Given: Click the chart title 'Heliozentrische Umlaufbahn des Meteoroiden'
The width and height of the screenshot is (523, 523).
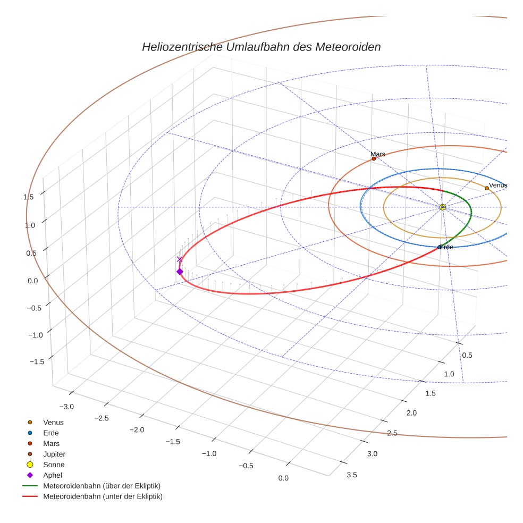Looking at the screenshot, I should [261, 47].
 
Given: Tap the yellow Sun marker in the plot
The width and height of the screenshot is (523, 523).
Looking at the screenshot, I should [443, 207].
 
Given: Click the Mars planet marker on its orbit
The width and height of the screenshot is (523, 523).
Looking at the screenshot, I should [374, 158].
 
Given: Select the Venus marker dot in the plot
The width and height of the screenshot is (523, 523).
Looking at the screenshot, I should [486, 188].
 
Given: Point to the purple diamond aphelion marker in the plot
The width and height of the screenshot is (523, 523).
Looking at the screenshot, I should [180, 272].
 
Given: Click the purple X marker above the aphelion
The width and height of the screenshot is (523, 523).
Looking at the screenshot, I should [180, 259].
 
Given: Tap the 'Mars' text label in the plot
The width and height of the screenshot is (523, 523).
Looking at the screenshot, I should [378, 154].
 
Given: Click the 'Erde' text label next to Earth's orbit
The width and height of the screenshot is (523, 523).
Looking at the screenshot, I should [446, 247].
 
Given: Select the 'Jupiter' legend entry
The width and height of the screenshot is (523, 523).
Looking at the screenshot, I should [54, 454].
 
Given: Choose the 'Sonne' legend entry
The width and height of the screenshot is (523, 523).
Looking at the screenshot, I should [54, 465].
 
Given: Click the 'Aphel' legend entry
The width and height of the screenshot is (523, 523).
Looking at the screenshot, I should [53, 475].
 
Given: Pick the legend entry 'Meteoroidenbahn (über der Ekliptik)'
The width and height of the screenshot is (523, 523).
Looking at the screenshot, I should [102, 486].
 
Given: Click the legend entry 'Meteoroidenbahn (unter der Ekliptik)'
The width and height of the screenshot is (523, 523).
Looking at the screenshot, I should [103, 496].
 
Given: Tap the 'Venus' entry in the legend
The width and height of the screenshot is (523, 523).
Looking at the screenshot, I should [53, 423].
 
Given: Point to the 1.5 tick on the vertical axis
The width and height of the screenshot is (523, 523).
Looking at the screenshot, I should [29, 197].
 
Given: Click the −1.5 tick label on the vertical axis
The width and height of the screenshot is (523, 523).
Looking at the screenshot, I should [36, 361].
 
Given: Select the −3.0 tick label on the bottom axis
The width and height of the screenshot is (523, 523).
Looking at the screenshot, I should [66, 407].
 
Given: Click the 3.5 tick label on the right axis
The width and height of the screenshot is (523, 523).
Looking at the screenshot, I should [351, 475].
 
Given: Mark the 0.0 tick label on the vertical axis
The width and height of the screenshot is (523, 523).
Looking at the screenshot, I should [33, 281].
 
